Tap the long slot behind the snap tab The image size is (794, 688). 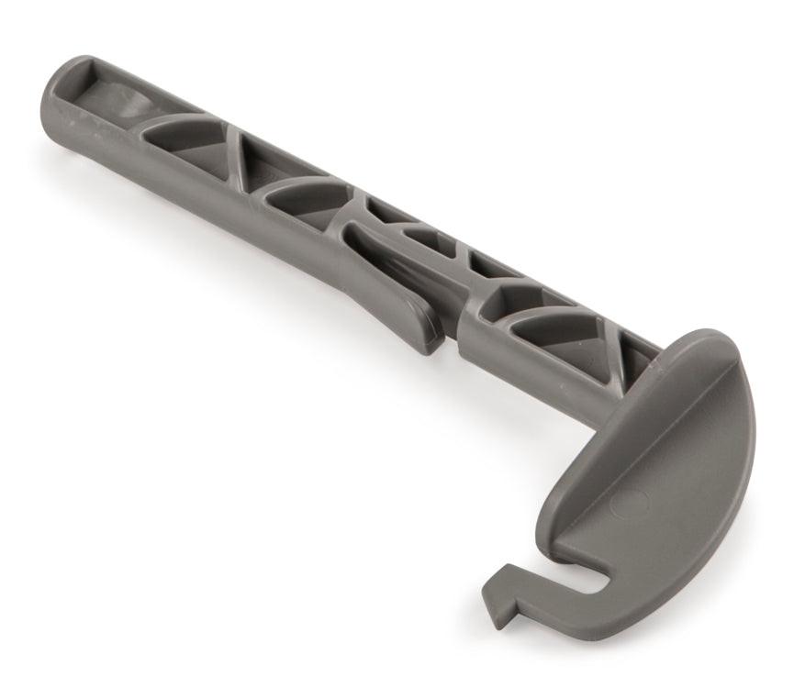click(x=395, y=257)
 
